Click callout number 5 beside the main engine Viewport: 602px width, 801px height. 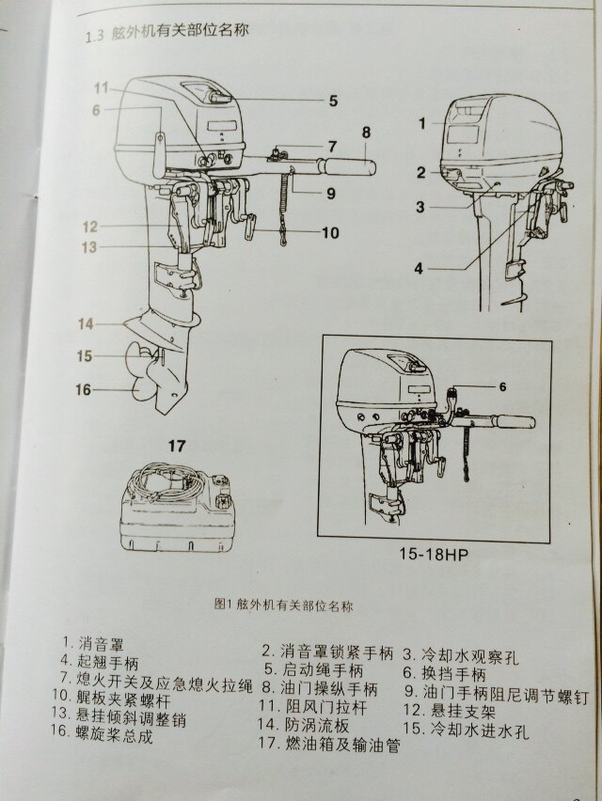tap(333, 99)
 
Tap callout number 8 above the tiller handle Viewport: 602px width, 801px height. tap(366, 132)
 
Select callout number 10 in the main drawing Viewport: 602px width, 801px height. tap(328, 232)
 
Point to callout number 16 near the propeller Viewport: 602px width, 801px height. tap(83, 388)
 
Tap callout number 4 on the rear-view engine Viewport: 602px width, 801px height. tap(419, 268)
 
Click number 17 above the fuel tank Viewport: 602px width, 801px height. tap(177, 444)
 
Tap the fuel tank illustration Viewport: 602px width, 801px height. tap(176, 513)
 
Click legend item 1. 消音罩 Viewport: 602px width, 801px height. tap(91, 643)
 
